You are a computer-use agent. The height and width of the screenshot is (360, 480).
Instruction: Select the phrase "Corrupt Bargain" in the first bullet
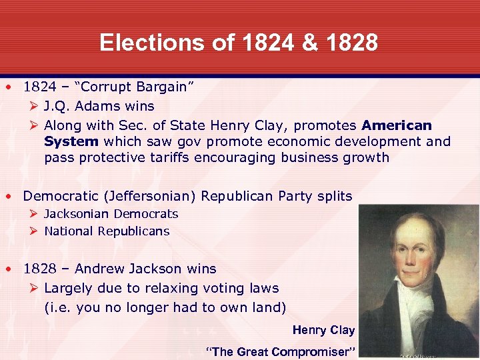[133, 87]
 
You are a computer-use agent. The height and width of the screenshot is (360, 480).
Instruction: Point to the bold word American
[397, 125]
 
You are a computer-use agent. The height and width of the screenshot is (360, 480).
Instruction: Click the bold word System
[71, 141]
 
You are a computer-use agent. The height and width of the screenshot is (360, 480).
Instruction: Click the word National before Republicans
[69, 231]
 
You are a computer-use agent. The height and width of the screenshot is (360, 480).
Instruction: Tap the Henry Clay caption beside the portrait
[323, 330]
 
